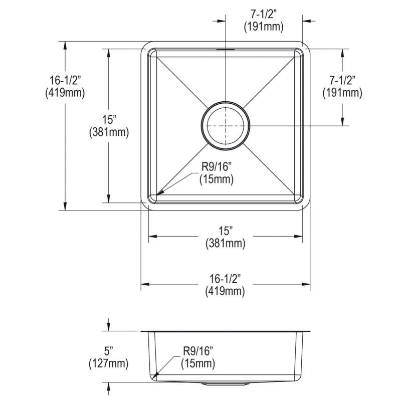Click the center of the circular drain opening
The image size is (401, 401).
[x=225, y=126]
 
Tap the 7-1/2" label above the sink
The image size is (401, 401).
[x=264, y=15]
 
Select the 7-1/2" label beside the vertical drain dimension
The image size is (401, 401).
[x=342, y=80]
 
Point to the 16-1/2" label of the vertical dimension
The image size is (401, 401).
[x=65, y=80]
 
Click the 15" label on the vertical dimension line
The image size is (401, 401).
[x=109, y=120]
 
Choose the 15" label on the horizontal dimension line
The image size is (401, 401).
[x=225, y=231]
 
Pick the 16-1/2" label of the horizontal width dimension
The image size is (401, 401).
[x=225, y=279]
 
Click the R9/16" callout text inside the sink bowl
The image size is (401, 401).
[x=217, y=167]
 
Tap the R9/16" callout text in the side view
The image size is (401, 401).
[x=198, y=351]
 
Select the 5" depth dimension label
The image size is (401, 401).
[x=108, y=351]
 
